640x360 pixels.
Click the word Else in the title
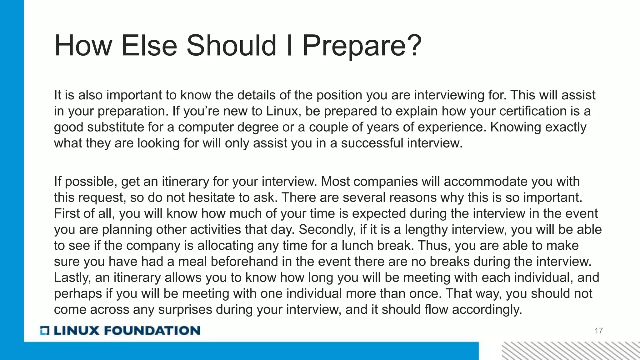pos(149,46)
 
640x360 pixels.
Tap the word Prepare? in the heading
pos(362,46)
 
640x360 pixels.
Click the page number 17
pos(598,331)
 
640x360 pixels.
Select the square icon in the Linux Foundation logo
pos(45,331)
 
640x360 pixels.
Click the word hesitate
pos(214,197)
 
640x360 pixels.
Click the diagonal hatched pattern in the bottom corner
pos(571,351)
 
